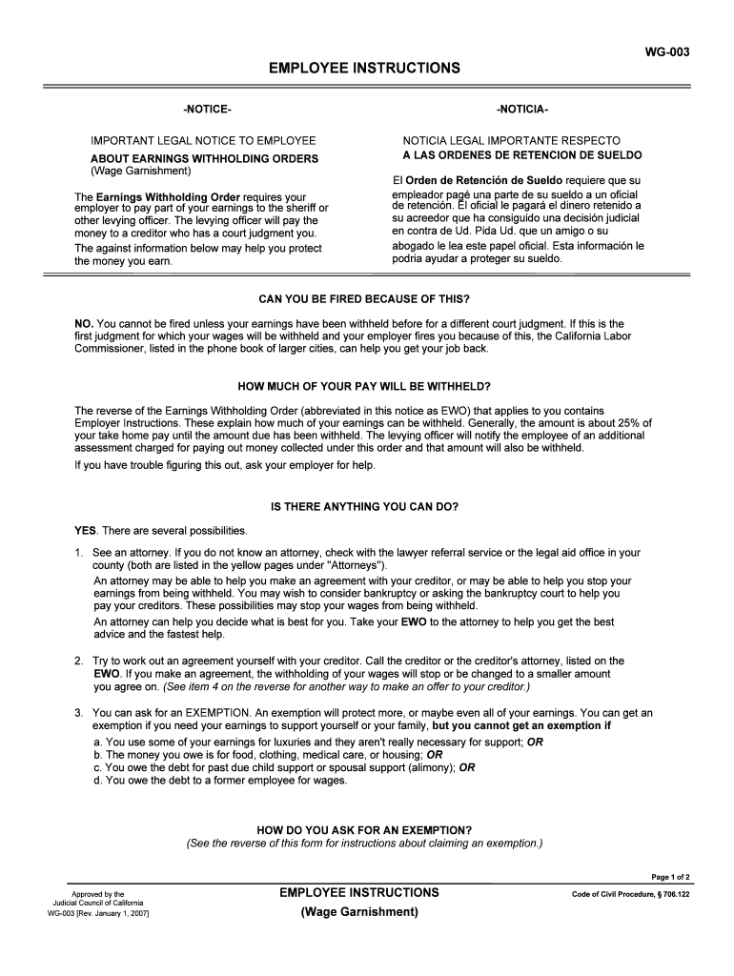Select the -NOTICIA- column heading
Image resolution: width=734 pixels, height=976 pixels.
click(x=521, y=111)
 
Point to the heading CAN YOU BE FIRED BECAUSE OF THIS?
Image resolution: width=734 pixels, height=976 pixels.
click(x=365, y=298)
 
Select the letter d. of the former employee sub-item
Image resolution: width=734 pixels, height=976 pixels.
click(x=98, y=780)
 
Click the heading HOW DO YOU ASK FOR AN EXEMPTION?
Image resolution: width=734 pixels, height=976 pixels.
click(x=365, y=830)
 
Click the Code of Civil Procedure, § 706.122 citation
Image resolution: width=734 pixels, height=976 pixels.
click(x=630, y=894)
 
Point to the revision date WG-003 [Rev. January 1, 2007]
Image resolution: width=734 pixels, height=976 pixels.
click(x=98, y=913)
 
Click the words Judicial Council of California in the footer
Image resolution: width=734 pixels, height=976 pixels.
click(x=98, y=903)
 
